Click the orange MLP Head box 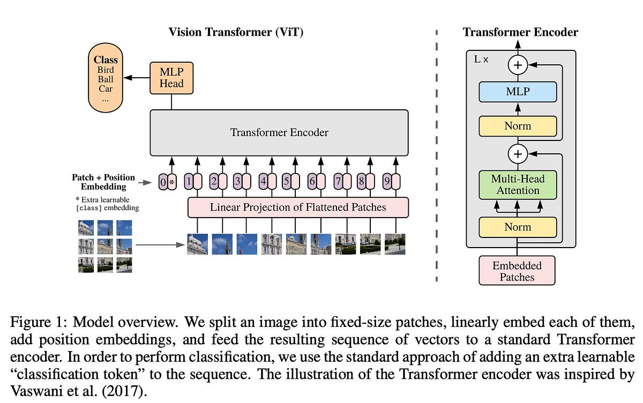click(171, 78)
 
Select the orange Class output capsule click(106, 78)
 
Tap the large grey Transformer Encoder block click(279, 132)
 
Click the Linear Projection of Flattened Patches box click(298, 207)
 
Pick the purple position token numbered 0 click(163, 182)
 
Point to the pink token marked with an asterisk click(172, 182)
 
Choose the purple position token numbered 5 click(286, 182)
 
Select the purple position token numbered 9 click(387, 182)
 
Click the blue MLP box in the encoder click(518, 92)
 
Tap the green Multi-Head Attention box click(518, 185)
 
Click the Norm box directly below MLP click(518, 126)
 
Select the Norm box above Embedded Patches click(518, 227)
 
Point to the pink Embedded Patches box click(517, 271)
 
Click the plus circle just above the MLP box click(518, 65)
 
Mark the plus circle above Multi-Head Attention click(518, 154)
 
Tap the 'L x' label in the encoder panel click(481, 59)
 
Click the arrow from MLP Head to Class click(137, 78)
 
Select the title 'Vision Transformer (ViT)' click(236, 32)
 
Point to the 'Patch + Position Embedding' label click(103, 182)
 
